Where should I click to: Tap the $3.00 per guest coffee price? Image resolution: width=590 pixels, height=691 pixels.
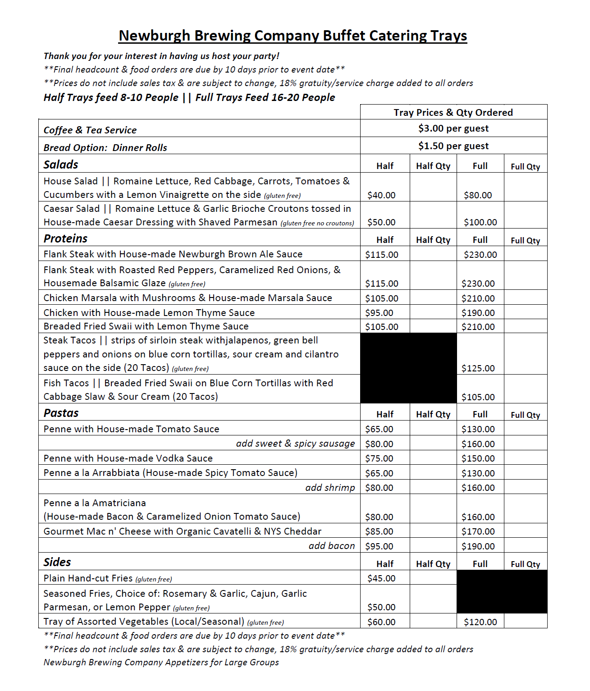click(x=453, y=128)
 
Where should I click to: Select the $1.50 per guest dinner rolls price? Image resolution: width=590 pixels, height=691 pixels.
click(x=453, y=146)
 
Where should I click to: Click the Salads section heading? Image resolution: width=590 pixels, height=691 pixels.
click(x=61, y=165)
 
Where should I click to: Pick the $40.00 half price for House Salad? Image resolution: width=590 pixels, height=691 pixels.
click(x=381, y=195)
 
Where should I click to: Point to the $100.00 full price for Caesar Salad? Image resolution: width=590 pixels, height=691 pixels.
click(x=480, y=222)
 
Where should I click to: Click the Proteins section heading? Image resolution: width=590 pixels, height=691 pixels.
click(x=65, y=238)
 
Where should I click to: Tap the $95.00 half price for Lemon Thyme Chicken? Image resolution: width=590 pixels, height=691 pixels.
click(x=379, y=313)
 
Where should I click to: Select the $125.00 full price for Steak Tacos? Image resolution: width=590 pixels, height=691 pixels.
click(x=478, y=368)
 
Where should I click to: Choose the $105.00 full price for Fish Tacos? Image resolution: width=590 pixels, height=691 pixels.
click(x=478, y=397)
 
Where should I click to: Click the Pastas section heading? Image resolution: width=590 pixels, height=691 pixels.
click(x=61, y=413)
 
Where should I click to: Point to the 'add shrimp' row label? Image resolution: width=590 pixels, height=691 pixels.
click(x=330, y=488)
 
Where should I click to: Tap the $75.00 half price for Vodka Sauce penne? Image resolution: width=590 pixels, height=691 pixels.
click(x=379, y=458)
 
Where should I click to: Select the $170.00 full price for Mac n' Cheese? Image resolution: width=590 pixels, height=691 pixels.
click(x=478, y=531)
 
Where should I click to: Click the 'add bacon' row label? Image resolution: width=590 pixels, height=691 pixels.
click(x=332, y=546)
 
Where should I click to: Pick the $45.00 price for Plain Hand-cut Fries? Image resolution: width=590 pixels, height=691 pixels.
click(x=381, y=578)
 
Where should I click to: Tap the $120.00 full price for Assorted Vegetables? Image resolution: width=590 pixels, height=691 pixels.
click(x=480, y=622)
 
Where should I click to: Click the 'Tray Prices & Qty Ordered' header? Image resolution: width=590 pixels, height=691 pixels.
click(x=453, y=112)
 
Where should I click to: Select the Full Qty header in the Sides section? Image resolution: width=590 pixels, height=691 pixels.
click(x=525, y=564)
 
